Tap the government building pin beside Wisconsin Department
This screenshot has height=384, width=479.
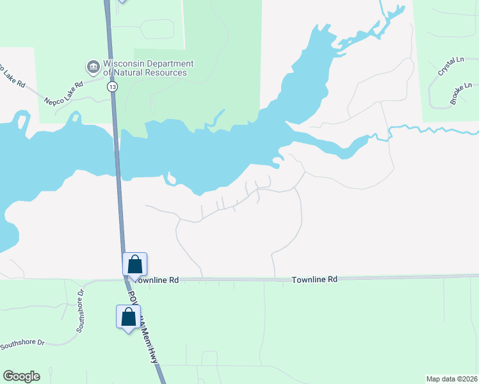tap(92, 66)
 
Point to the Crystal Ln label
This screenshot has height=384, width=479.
tap(451, 67)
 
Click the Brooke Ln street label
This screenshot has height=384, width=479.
tap(460, 93)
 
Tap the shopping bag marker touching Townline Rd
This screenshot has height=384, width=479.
tap(135, 264)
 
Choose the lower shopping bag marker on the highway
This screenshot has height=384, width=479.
tap(128, 317)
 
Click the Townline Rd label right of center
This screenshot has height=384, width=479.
tap(314, 280)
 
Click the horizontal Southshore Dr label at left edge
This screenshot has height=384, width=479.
tap(22, 344)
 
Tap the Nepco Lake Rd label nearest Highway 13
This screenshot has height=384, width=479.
tap(64, 93)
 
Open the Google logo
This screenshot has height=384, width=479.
tap(21, 376)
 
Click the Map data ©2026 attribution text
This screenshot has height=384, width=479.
tap(451, 379)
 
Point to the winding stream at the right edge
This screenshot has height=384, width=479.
tap(435, 131)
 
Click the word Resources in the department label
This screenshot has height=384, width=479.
tap(165, 72)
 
